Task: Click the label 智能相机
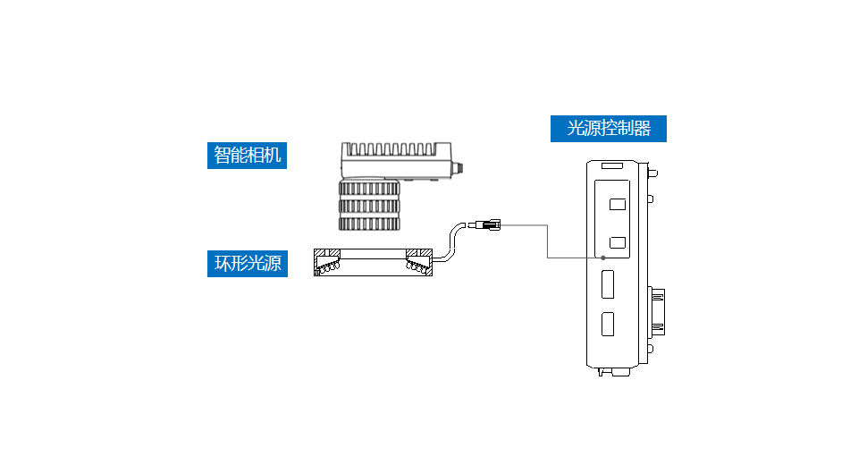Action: point(247,156)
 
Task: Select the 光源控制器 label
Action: point(608,128)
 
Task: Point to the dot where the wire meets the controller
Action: point(604,258)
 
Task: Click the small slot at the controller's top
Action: point(612,166)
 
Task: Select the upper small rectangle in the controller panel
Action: point(617,204)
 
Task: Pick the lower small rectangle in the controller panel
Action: point(617,241)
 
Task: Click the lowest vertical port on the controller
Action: point(609,325)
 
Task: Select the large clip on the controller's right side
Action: point(658,311)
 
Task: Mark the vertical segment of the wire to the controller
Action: point(548,241)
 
